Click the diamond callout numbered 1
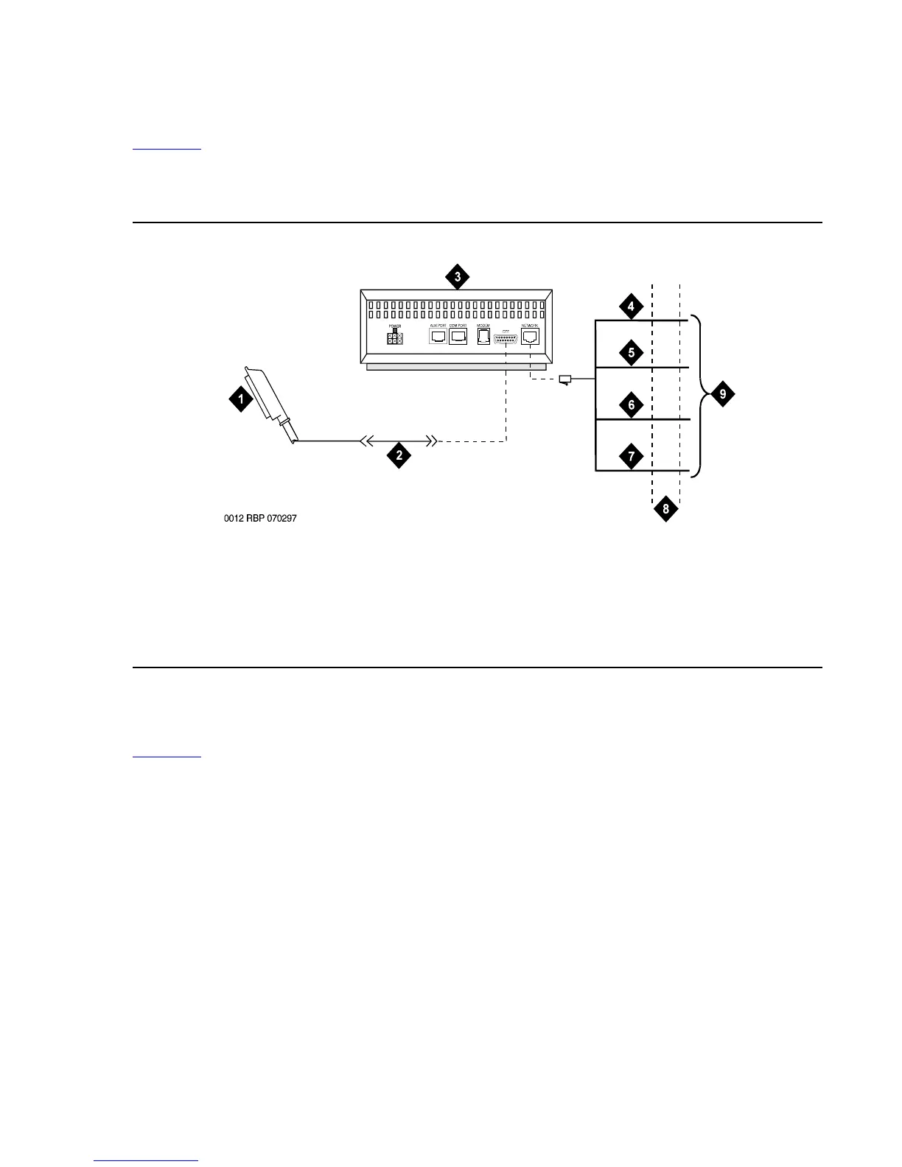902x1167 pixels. pyautogui.click(x=240, y=400)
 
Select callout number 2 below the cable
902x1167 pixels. pyautogui.click(x=399, y=455)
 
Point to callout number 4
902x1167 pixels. pyautogui.click(x=631, y=305)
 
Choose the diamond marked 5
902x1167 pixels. pyautogui.click(x=631, y=353)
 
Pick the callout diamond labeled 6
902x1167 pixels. pyautogui.click(x=631, y=404)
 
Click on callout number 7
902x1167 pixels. pyautogui.click(x=631, y=456)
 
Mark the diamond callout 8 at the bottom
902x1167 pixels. pyautogui.click(x=665, y=509)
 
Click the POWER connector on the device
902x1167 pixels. pyautogui.click(x=395, y=339)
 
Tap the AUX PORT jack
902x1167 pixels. pyautogui.click(x=438, y=337)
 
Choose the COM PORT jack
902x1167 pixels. pyautogui.click(x=458, y=337)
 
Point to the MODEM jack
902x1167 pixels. pyautogui.click(x=484, y=337)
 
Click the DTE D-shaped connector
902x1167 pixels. pyautogui.click(x=506, y=338)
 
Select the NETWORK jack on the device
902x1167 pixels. pyautogui.click(x=531, y=337)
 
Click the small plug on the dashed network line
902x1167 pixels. pyautogui.click(x=565, y=380)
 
